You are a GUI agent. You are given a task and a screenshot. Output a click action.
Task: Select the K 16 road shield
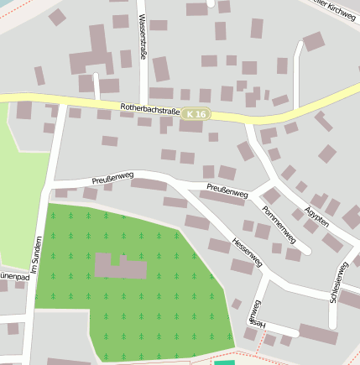click(x=196, y=113)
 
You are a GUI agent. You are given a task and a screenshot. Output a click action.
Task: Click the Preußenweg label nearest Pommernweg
click(x=227, y=190)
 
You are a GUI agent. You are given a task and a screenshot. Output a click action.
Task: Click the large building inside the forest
click(x=120, y=267)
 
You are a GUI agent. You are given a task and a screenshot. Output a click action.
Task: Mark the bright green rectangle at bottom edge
click(x=224, y=362)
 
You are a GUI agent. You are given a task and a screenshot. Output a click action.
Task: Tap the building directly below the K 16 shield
click(x=191, y=127)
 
